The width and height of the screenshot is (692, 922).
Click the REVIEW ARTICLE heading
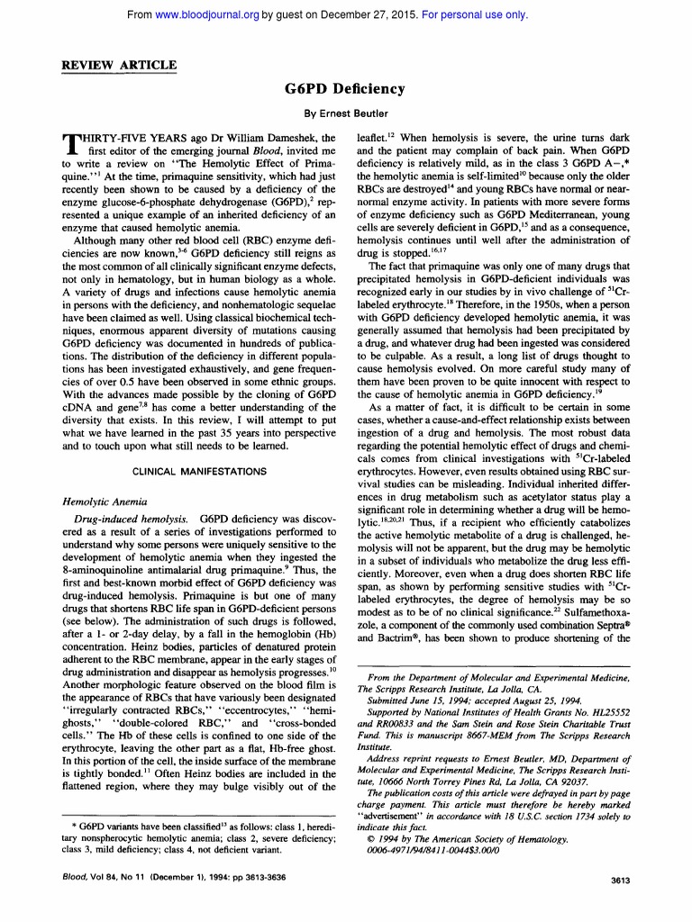pyautogui.click(x=118, y=65)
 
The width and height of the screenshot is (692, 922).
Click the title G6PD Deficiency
pyautogui.click(x=345, y=88)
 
